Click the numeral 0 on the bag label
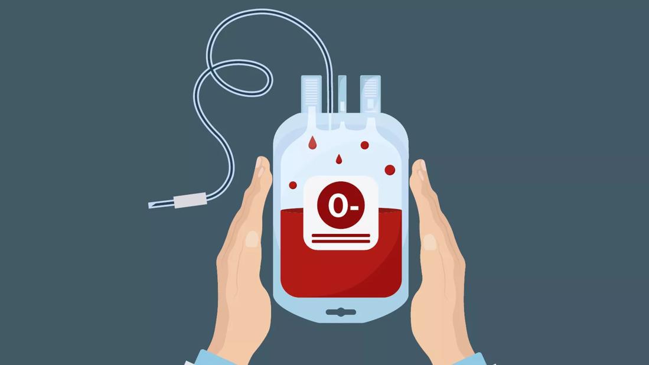pyautogui.click(x=337, y=206)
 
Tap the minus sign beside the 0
pyautogui.click(x=354, y=208)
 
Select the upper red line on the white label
pyautogui.click(x=341, y=236)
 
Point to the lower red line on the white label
pyautogui.click(x=341, y=241)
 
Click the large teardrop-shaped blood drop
pyautogui.click(x=312, y=143)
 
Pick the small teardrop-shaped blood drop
pyautogui.click(x=339, y=159)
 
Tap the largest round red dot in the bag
pyautogui.click(x=390, y=170)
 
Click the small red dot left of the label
pyautogui.click(x=293, y=185)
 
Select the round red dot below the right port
pyautogui.click(x=364, y=145)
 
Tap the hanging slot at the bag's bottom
pyautogui.click(x=341, y=312)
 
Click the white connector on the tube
pyautogui.click(x=190, y=200)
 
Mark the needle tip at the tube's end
pyautogui.click(x=149, y=206)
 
